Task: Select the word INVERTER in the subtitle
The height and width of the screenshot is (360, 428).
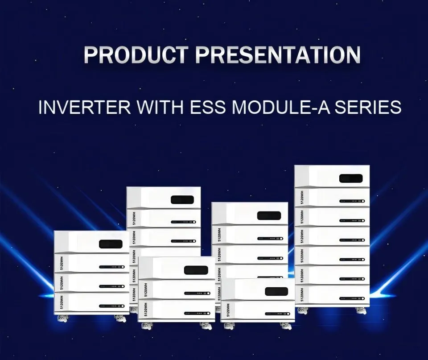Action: (x=75, y=108)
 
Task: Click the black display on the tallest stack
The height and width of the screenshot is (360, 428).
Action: (x=350, y=178)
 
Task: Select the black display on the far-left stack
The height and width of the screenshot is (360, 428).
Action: (x=111, y=244)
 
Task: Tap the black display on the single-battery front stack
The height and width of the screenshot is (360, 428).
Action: (x=276, y=291)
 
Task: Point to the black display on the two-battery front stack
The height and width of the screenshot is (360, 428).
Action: (x=196, y=270)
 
